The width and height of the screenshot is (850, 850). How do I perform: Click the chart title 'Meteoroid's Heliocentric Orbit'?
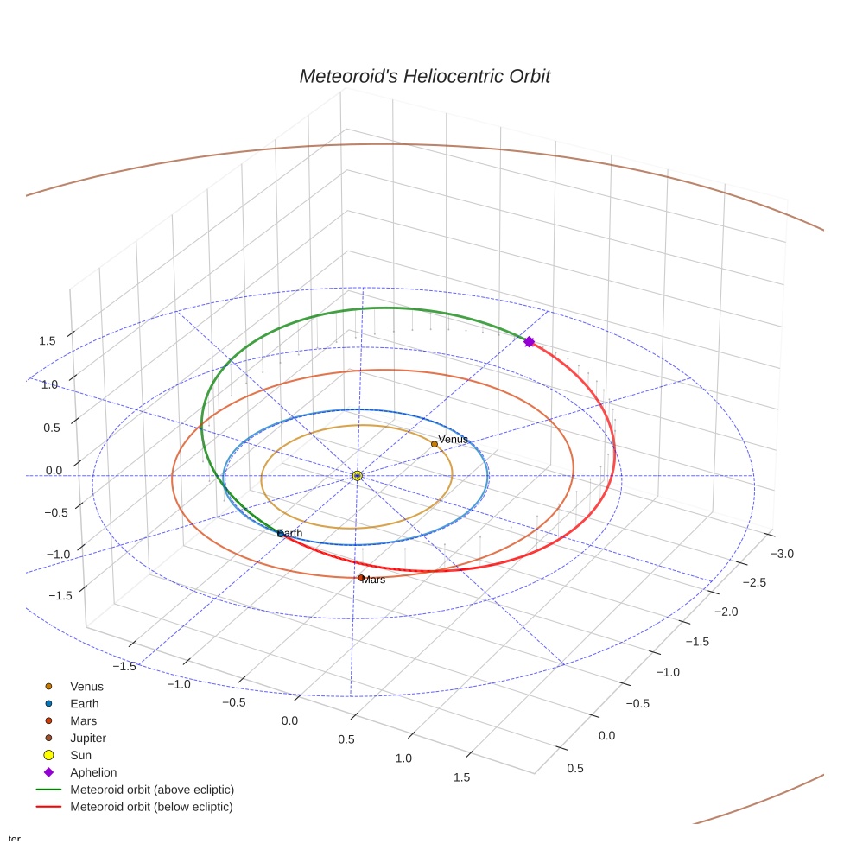424,77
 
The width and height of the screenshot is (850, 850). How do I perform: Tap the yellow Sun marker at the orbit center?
357,476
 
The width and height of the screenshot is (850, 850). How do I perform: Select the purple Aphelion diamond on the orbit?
530,342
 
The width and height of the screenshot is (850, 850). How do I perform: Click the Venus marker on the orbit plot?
435,444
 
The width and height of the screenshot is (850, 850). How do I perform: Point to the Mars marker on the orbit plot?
361,578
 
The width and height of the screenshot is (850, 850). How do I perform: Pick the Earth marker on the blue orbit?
280,534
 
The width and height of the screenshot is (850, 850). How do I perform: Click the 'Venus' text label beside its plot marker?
454,440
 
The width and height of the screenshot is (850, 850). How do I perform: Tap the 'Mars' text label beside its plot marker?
375,580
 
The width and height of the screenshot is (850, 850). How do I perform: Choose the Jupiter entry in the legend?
88,738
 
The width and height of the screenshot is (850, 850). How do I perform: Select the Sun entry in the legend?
81,755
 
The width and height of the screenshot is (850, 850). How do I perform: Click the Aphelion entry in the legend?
92,772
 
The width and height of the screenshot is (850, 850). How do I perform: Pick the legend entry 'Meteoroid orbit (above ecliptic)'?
151,790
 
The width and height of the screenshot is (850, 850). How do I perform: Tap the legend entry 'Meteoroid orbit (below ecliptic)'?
151,807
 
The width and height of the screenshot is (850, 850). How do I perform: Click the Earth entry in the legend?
84,704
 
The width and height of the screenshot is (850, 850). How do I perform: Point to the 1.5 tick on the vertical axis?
48,340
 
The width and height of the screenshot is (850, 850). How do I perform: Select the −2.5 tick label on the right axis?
754,583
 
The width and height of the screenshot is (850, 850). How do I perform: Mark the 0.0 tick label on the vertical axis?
54,470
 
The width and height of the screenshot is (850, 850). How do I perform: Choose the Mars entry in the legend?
83,720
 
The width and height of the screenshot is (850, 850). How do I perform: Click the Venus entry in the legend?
86,687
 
